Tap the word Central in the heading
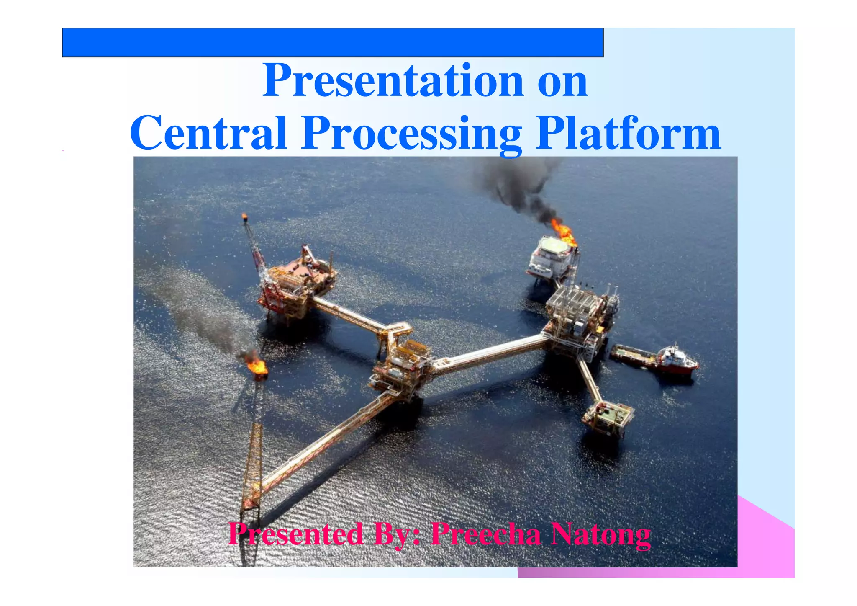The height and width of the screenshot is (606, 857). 208,133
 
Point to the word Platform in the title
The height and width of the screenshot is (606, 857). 628,133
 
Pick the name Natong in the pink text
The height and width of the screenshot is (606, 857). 600,535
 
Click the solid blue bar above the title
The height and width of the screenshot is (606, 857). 332,42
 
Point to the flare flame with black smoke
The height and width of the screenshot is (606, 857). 563,232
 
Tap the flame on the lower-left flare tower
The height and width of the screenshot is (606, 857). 257,366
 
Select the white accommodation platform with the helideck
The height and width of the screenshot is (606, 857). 551,257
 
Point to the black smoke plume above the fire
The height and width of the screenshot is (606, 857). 519,186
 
